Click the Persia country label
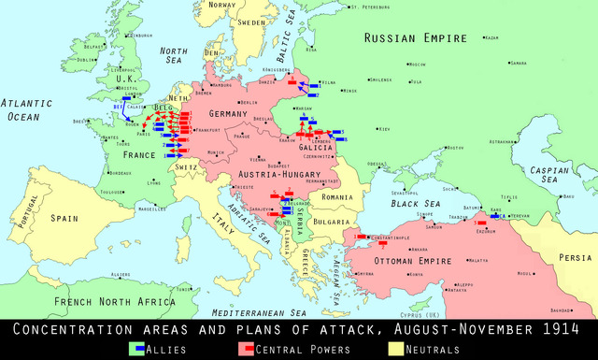coord(575,257)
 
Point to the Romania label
coord(335,197)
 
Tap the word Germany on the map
coord(248,113)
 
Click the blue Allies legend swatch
coord(136,349)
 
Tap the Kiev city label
coord(383,129)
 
